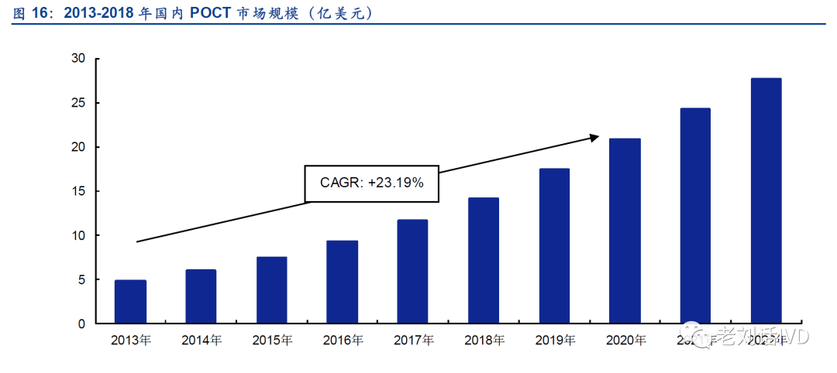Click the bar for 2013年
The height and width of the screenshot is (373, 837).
coord(130,302)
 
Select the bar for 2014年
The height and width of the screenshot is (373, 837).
coord(201,296)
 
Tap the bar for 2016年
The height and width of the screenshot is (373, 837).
coord(342,282)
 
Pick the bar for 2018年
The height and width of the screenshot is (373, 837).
coord(484,261)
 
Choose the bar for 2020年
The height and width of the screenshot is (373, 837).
coord(625,231)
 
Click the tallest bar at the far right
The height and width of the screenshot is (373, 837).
coord(766,201)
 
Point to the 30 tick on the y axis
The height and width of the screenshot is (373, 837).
coord(77,58)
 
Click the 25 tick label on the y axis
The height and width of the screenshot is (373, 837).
coord(77,103)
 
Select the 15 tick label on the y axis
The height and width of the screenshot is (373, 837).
coord(77,191)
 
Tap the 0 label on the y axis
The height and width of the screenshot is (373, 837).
coord(81,324)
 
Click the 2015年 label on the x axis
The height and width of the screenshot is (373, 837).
coord(272,340)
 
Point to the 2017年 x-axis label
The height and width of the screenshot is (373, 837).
coord(413,340)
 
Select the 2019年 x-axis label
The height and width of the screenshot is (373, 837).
coord(555,340)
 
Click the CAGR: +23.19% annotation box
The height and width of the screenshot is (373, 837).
coord(372,183)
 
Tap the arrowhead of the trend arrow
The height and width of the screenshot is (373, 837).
coord(594,138)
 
